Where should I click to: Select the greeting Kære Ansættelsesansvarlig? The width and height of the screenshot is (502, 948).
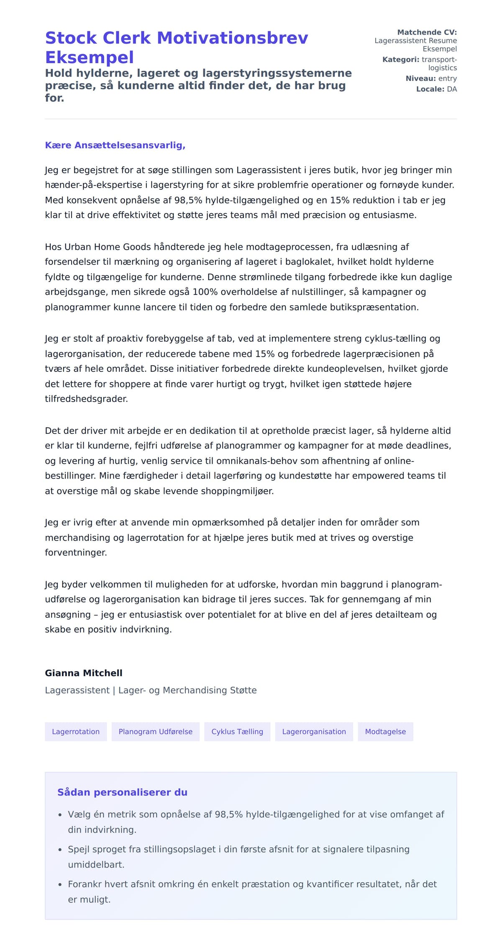pyautogui.click(x=115, y=145)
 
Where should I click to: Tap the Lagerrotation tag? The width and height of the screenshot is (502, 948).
pyautogui.click(x=76, y=732)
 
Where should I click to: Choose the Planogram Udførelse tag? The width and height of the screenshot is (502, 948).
pyautogui.click(x=156, y=732)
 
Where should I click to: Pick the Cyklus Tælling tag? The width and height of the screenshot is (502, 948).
pyautogui.click(x=237, y=732)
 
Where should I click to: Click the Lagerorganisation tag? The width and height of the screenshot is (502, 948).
pyautogui.click(x=314, y=732)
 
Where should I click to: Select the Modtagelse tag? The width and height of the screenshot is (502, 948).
pyautogui.click(x=385, y=732)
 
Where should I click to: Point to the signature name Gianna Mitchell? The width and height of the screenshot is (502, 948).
pyautogui.click(x=84, y=673)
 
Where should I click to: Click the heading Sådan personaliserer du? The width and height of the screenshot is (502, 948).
pyautogui.click(x=122, y=792)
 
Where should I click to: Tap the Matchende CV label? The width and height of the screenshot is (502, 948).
pyautogui.click(x=427, y=32)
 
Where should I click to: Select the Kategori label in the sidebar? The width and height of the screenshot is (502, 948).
pyautogui.click(x=400, y=59)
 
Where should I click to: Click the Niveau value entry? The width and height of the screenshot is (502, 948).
pyautogui.click(x=448, y=78)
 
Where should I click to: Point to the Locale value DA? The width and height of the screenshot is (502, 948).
pyautogui.click(x=452, y=89)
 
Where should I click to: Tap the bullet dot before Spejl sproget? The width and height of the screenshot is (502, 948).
pyautogui.click(x=60, y=850)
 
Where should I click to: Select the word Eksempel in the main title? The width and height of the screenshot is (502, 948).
pyautogui.click(x=90, y=57)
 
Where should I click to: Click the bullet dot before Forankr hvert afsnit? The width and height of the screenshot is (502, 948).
pyautogui.click(x=60, y=885)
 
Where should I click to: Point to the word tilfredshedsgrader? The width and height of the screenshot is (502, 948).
pyautogui.click(x=86, y=399)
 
